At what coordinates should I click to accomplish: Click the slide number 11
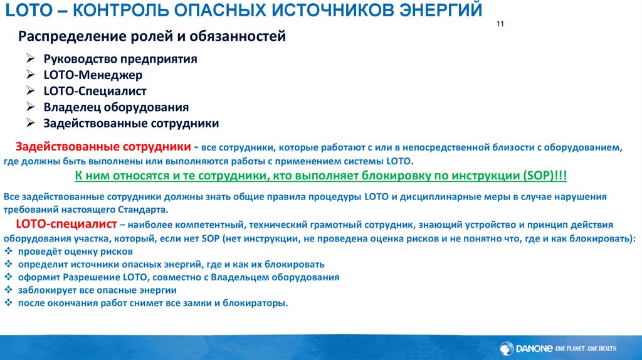pos(500,24)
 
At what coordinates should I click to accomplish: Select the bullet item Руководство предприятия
pos(120,59)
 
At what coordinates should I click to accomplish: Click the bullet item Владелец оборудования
pos(116,107)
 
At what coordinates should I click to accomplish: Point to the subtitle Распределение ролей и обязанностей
pos(152,36)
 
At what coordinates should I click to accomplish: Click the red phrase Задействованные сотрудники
pos(103,147)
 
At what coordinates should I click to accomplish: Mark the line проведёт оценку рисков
pos(66,251)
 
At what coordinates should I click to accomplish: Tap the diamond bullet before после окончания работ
pos(8,302)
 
